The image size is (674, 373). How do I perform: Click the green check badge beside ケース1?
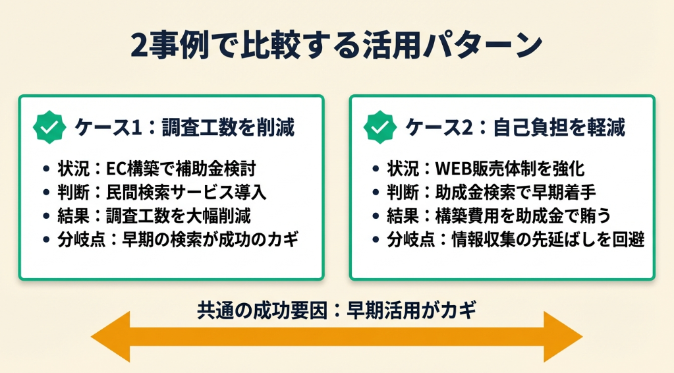[49, 127]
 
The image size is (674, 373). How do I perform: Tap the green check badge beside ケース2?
[380, 127]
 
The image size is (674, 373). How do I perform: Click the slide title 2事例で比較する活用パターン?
[336, 45]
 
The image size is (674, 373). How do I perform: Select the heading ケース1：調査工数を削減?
[185, 127]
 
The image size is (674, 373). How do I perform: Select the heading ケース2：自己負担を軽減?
[515, 127]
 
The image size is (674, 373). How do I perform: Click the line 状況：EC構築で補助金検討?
[157, 169]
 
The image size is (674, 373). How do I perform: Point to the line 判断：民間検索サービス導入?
[162, 192]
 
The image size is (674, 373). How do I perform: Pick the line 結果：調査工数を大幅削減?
[154, 215]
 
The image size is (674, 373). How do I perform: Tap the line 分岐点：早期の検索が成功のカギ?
[178, 239]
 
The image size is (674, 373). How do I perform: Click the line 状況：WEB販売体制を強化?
[486, 169]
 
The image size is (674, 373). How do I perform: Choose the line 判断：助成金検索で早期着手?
[491, 192]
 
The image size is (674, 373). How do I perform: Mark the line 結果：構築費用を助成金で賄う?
[499, 215]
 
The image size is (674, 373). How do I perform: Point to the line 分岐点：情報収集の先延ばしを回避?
[516, 239]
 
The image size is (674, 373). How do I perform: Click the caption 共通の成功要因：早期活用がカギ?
[337, 310]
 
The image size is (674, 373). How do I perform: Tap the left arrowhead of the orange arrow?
[111, 337]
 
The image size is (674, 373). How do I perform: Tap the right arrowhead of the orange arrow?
[563, 337]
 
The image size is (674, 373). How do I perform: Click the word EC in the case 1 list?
[115, 169]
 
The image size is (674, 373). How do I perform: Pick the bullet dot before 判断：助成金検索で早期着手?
[376, 192]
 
